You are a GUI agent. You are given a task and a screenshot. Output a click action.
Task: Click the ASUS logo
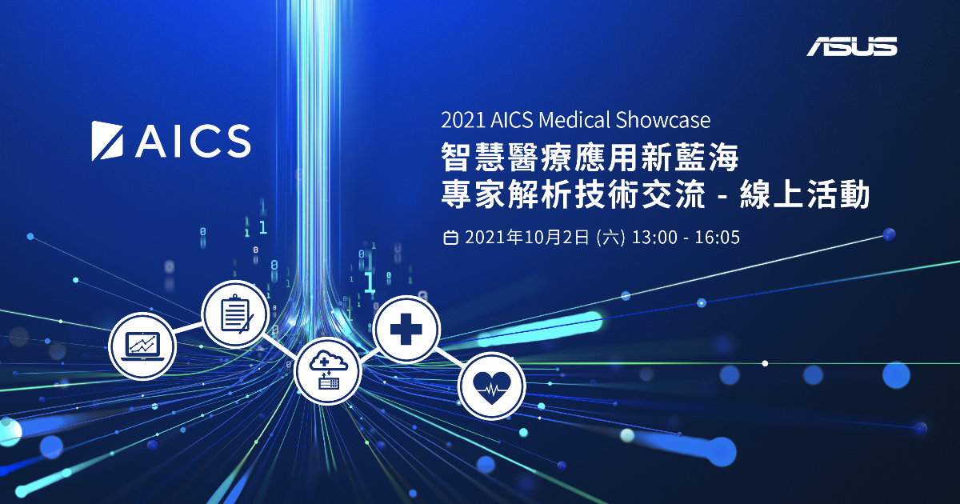coord(852,46)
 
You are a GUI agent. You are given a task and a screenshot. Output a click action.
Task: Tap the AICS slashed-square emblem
coord(107,141)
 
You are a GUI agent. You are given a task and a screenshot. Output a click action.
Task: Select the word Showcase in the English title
coord(663,120)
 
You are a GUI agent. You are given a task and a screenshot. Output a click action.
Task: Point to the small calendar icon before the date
coord(450,238)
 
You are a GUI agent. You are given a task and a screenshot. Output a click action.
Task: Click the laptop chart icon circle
coord(142,346)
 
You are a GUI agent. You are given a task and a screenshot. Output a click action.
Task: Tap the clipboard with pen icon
coord(235,314)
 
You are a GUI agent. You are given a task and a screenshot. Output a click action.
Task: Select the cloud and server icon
coord(328,370)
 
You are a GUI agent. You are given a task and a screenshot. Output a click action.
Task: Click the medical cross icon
coord(406,329)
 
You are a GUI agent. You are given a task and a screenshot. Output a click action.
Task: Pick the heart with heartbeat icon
coord(491,386)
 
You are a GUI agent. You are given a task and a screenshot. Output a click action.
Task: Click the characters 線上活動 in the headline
coord(805,194)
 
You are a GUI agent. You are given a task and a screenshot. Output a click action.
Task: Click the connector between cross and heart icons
coord(449,358)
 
